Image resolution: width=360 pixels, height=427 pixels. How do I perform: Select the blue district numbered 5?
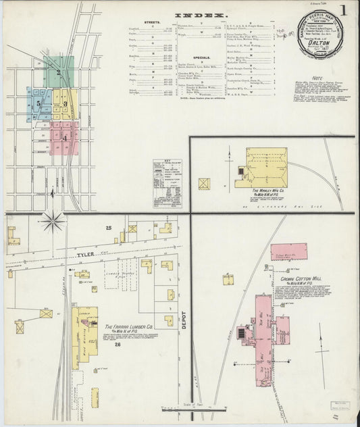tap(39, 103)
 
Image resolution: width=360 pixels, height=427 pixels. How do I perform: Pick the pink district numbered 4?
tap(65, 138)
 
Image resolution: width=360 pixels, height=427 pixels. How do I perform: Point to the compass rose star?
tap(53, 220)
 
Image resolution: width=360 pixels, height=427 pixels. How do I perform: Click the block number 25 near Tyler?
tap(108, 228)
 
